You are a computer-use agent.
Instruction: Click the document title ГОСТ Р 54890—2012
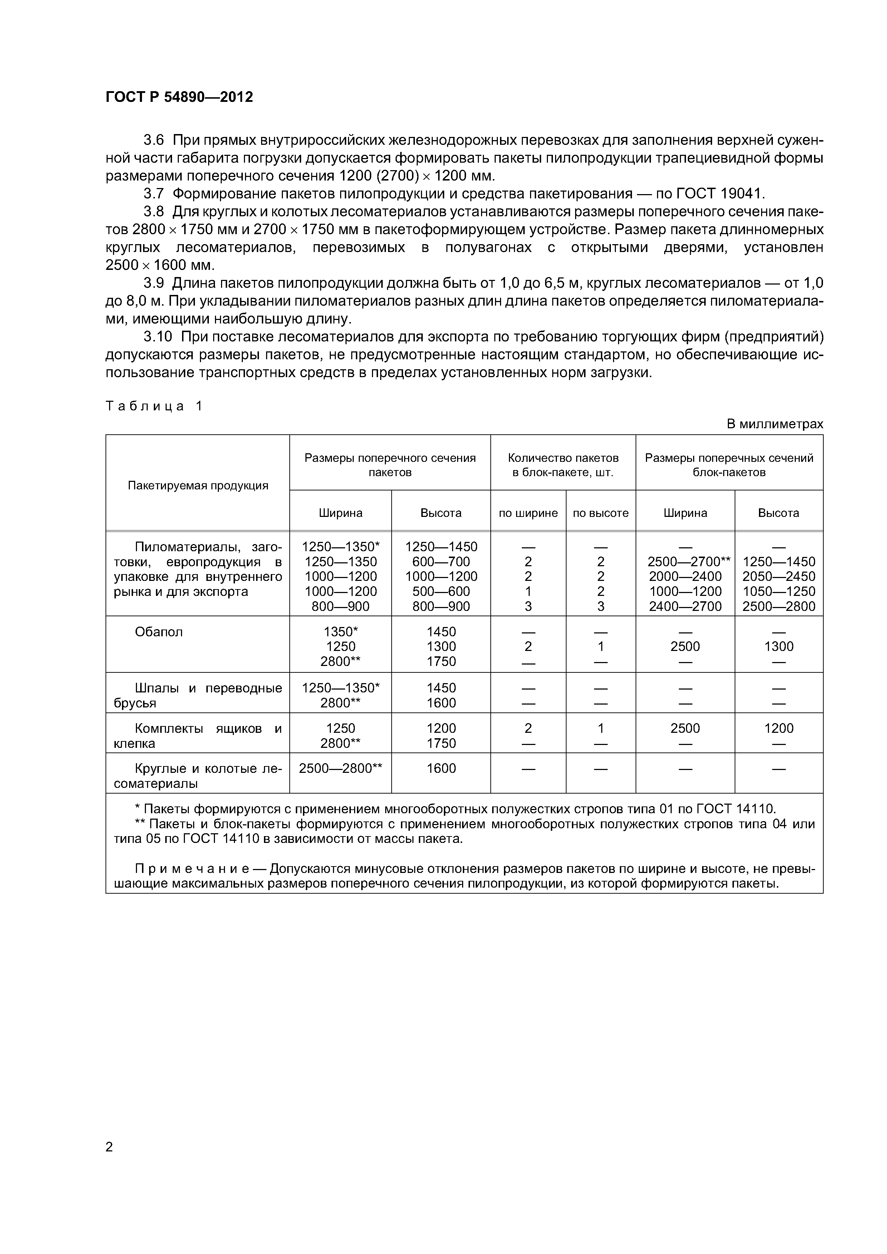[x=179, y=97]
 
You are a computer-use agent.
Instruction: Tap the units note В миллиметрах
[x=774, y=424]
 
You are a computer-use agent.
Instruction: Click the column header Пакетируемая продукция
[x=198, y=485]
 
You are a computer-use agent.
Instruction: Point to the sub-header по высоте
[x=601, y=513]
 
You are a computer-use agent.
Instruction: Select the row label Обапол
[x=158, y=632]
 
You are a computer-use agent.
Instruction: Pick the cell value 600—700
[x=441, y=562]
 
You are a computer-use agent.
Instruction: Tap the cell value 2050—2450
[x=778, y=576]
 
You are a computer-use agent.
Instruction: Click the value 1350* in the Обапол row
[x=340, y=632]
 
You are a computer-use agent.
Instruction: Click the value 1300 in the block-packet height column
[x=778, y=647]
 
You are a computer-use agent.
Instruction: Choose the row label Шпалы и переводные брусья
[x=198, y=695]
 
